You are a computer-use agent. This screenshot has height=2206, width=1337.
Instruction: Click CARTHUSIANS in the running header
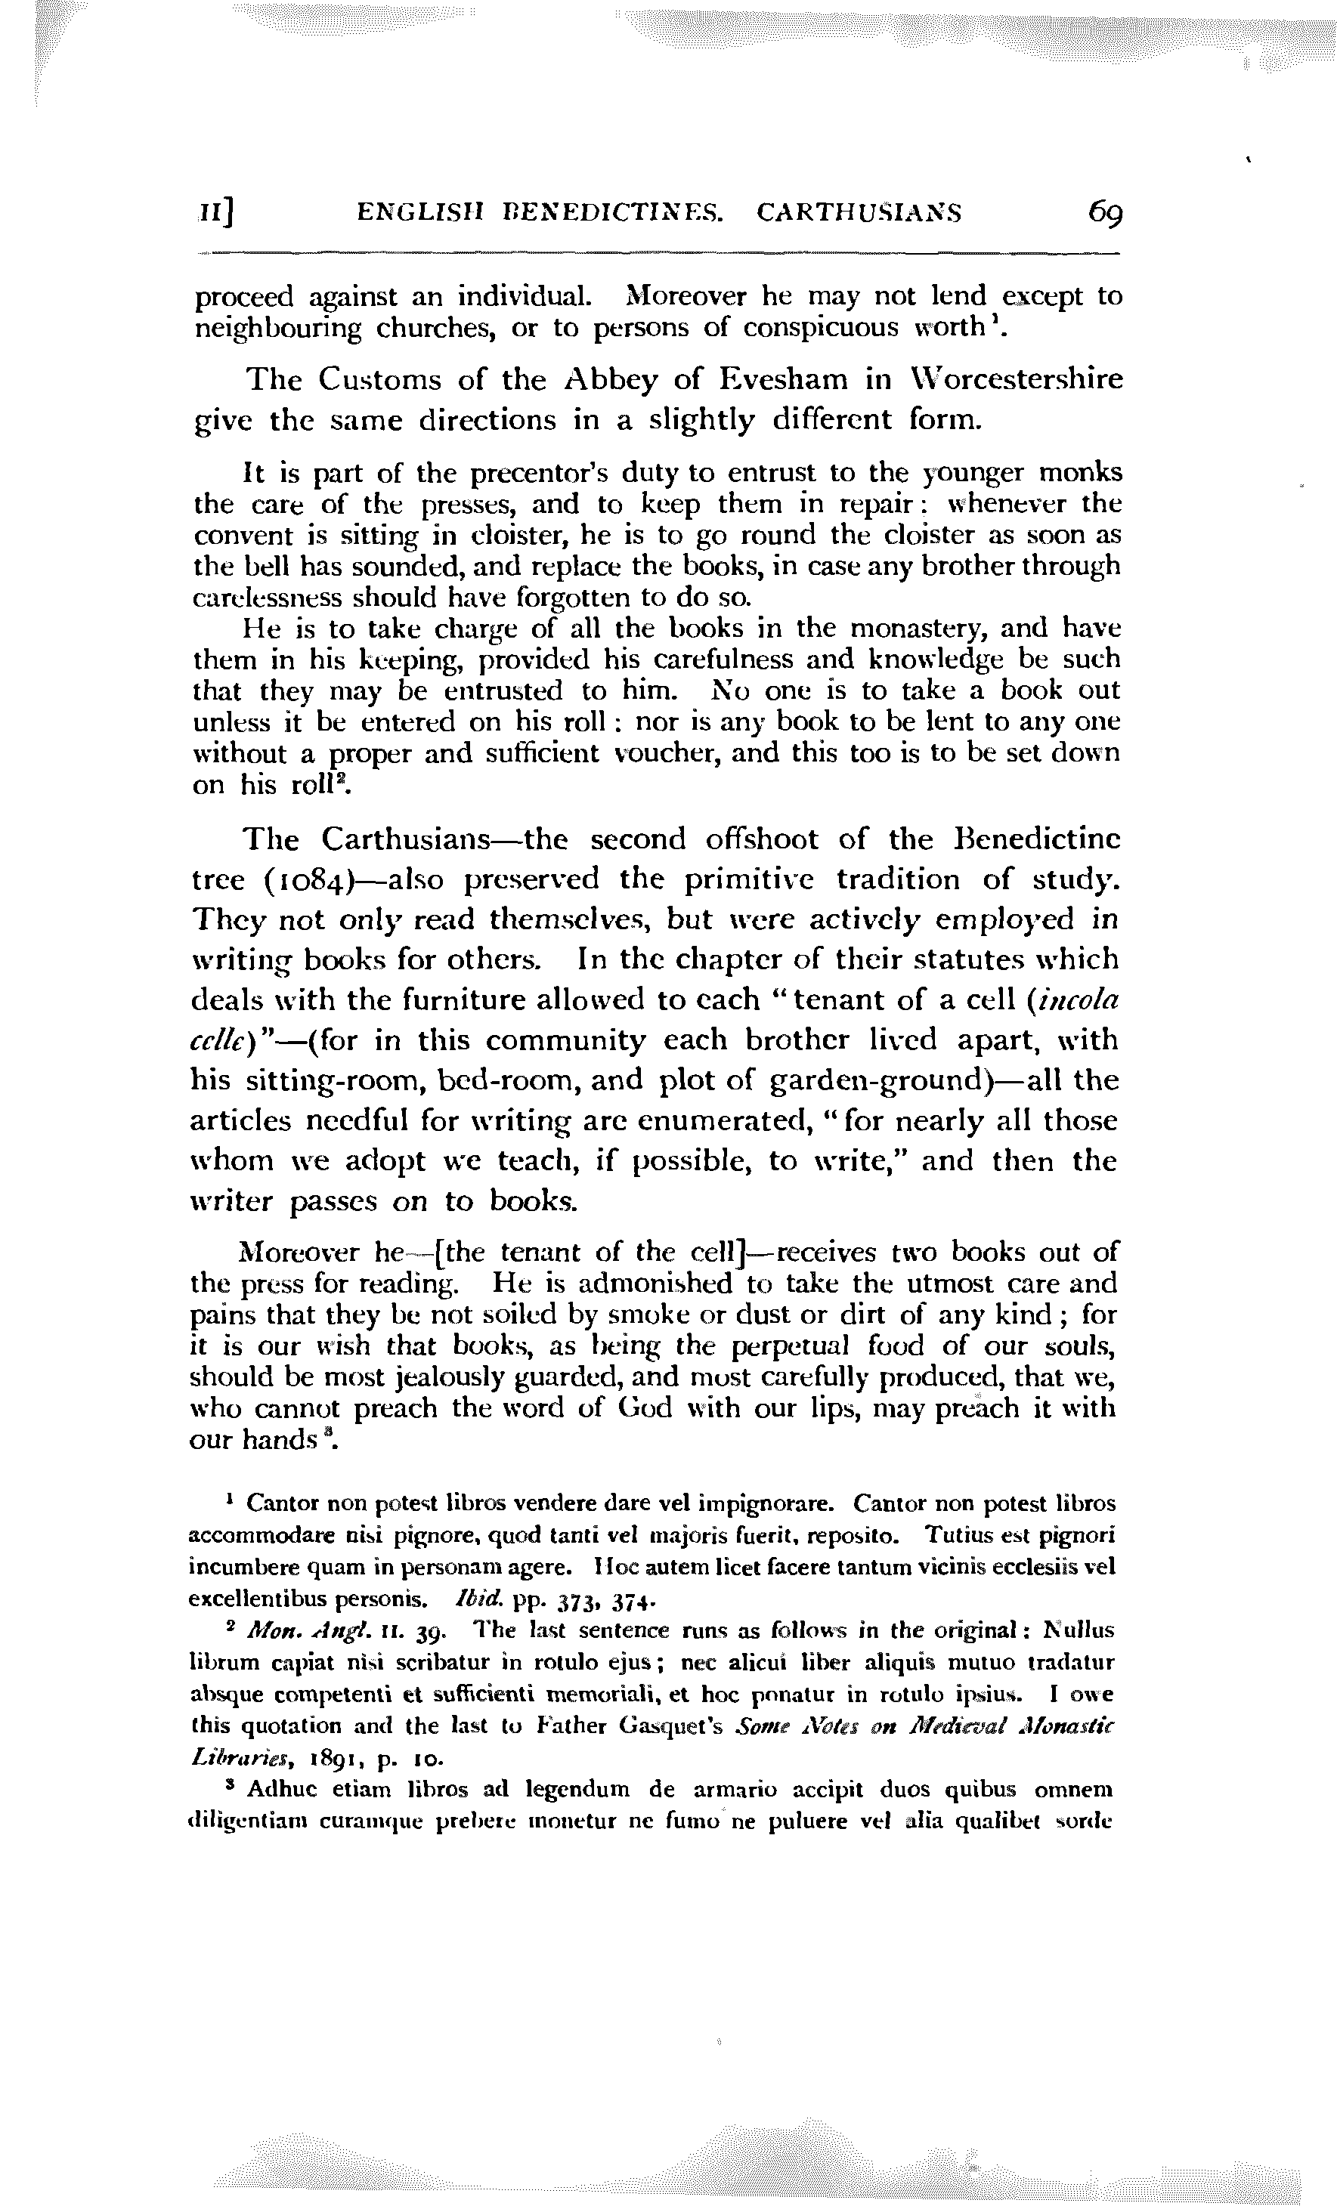(859, 213)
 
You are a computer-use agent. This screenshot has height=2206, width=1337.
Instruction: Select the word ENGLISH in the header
(415, 213)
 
